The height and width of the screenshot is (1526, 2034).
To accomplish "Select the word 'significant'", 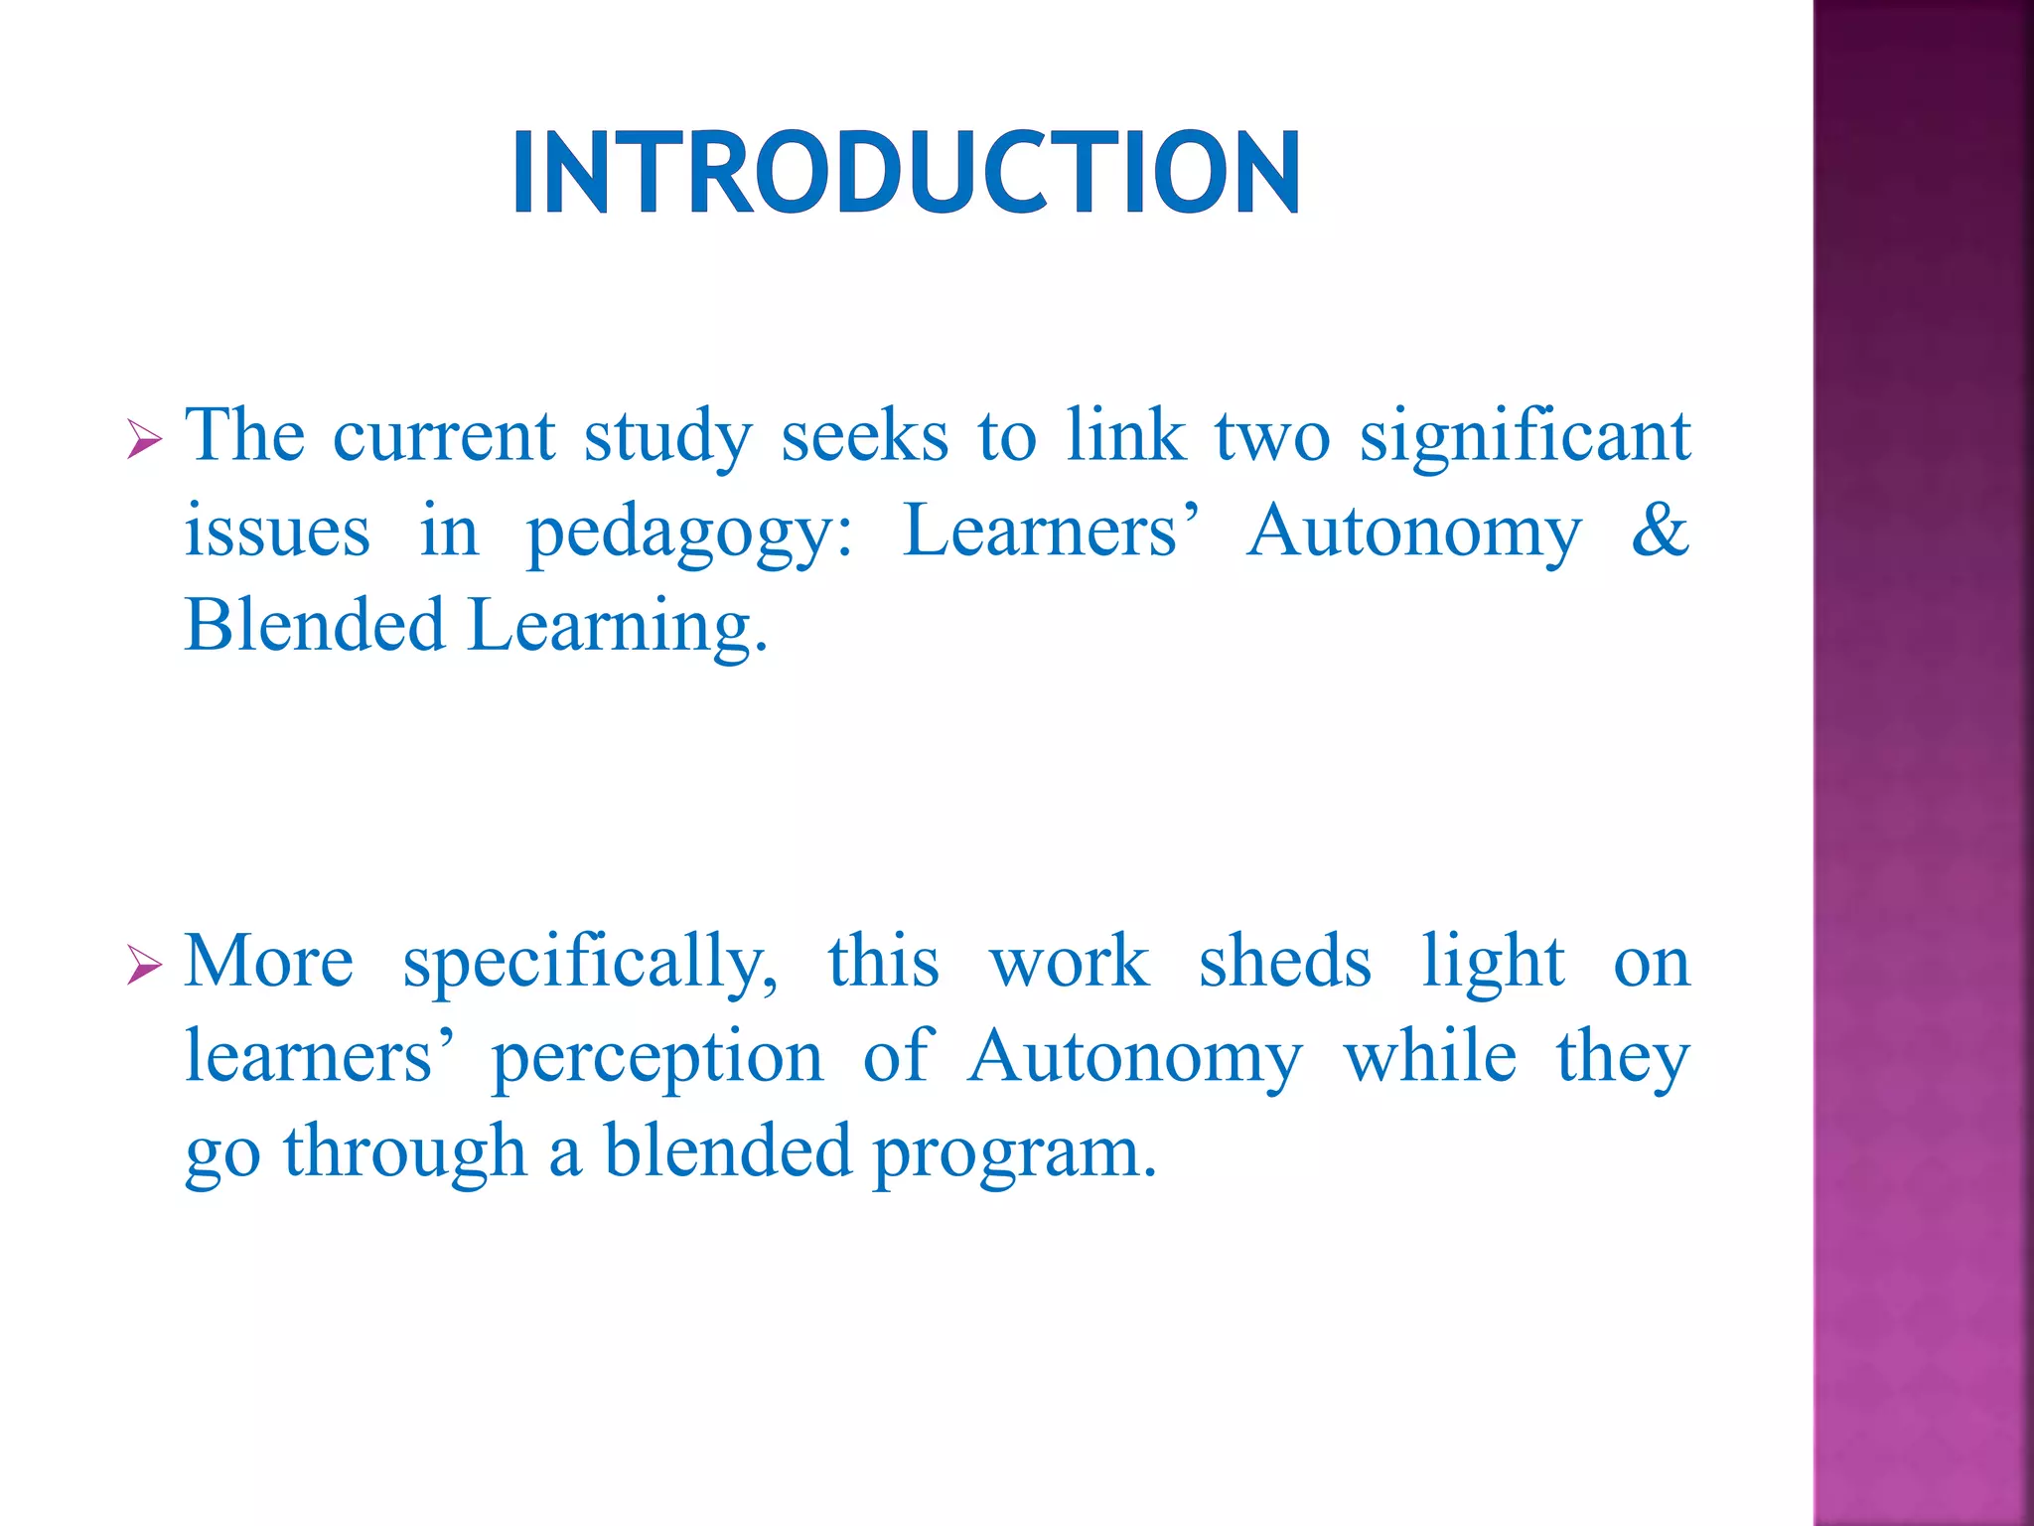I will pos(1525,437).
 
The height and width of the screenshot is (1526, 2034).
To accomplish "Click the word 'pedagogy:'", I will pos(688,533).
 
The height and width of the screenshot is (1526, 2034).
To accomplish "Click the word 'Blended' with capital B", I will pos(315,625).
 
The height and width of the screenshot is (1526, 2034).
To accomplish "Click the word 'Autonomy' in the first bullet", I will pos(1413,533).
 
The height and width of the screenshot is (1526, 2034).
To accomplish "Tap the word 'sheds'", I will pos(1284,961).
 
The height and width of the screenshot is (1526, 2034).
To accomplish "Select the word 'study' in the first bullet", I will pos(668,438).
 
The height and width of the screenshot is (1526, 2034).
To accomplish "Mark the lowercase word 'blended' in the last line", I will pos(728,1150).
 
